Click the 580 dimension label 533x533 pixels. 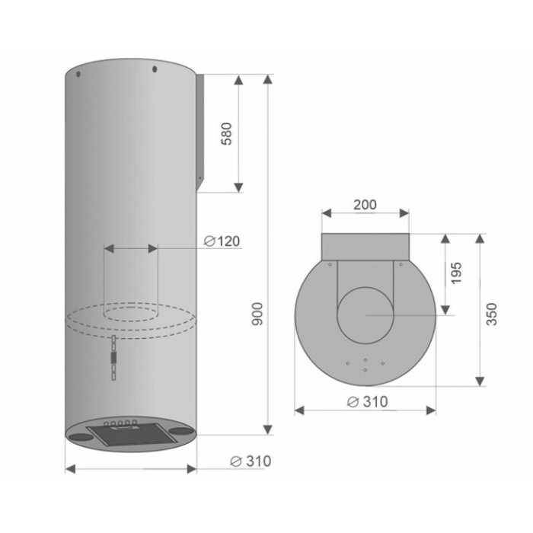pos(227,133)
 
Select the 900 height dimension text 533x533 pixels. pos(257,314)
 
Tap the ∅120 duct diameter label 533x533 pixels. pos(222,241)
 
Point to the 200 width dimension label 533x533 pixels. pos(365,205)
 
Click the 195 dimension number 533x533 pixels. pos(456,273)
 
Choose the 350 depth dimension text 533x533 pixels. pos(492,314)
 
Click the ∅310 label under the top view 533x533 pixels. pos(368,402)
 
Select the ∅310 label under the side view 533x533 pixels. pos(251,461)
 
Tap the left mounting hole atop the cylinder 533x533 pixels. pos(78,74)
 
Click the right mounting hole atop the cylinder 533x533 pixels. pos(155,69)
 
